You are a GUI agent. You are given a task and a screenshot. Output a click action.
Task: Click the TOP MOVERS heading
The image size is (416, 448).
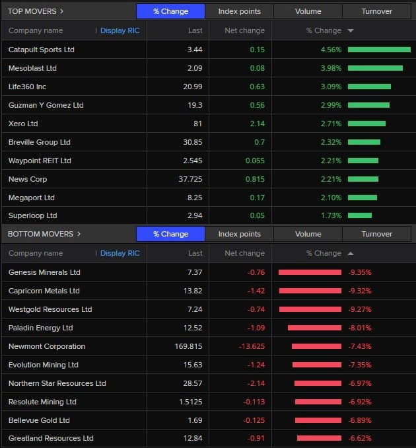click(x=36, y=11)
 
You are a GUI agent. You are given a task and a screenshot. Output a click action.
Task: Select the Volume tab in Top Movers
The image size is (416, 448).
click(x=308, y=11)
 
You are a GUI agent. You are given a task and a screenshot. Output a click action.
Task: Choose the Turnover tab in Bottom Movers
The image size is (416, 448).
click(x=376, y=234)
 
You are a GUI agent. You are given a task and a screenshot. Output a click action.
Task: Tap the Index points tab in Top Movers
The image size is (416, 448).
click(x=239, y=11)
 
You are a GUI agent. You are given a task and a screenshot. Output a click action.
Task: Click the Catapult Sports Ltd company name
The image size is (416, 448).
click(x=42, y=50)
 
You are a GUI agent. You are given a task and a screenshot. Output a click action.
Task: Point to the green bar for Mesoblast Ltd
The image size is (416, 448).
click(x=375, y=68)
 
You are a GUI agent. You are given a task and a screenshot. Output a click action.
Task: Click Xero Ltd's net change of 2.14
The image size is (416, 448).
click(x=254, y=124)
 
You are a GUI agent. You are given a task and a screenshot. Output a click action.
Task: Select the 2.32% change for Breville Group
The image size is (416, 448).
click(x=331, y=142)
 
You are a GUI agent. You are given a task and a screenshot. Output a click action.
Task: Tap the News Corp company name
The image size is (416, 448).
click(x=28, y=179)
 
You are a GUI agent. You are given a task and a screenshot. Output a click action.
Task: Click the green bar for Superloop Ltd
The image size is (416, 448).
click(x=360, y=215)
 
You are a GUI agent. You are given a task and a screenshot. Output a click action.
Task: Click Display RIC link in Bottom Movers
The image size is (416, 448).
click(x=120, y=253)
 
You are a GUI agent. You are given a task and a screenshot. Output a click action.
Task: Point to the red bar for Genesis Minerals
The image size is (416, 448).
click(x=310, y=272)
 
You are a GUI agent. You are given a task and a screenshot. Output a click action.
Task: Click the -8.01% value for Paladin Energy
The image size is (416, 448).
click(x=360, y=328)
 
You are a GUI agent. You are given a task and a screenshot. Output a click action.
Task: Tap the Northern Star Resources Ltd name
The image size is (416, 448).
click(x=57, y=383)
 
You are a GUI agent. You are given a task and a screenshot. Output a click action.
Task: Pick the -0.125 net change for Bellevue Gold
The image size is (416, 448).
click(x=252, y=420)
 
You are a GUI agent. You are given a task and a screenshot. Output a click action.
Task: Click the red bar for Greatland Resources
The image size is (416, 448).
click(x=319, y=438)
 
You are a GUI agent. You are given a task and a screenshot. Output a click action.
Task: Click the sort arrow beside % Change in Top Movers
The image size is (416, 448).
click(x=350, y=31)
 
